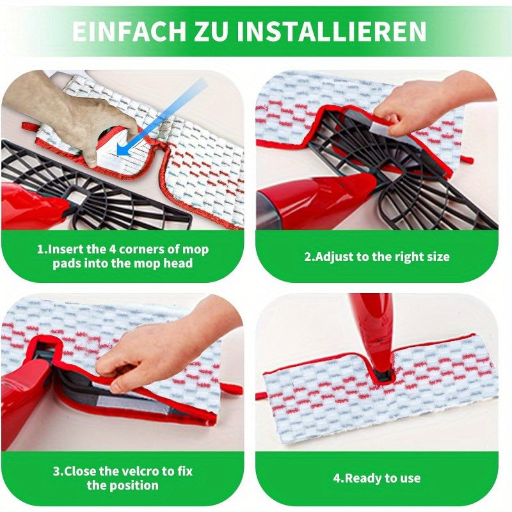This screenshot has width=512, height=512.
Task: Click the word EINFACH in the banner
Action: tap(129, 31)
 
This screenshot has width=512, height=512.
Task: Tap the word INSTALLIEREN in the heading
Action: tap(332, 31)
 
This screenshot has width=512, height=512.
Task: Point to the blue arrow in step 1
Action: tap(163, 116)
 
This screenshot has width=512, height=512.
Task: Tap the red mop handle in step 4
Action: tap(376, 330)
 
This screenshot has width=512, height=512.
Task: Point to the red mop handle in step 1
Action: tap(33, 205)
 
